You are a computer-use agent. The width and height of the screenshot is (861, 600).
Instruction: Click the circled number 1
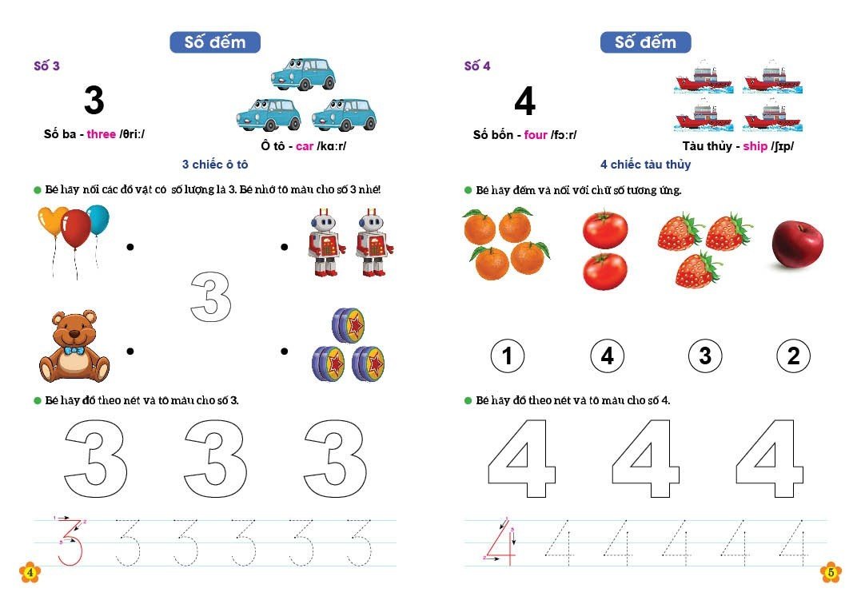(x=507, y=356)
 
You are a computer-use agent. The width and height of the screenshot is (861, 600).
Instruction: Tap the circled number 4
(x=607, y=356)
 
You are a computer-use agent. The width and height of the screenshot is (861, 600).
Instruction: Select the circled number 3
(x=705, y=356)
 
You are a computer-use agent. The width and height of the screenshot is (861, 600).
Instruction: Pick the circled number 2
(x=794, y=356)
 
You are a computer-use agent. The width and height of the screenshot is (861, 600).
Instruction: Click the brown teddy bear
(x=74, y=347)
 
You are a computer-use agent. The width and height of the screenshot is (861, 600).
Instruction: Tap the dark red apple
(x=797, y=244)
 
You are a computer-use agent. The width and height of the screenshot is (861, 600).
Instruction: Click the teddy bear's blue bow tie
(x=74, y=350)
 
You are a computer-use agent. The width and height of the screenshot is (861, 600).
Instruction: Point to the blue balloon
(x=98, y=220)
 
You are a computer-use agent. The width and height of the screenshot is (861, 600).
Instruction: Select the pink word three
(x=101, y=134)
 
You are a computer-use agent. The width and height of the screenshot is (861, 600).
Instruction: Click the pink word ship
(x=755, y=146)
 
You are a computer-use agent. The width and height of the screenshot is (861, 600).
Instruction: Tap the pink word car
(x=305, y=146)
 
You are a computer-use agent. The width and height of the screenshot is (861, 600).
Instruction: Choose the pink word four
(x=536, y=134)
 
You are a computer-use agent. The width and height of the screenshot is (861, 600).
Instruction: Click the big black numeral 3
(x=94, y=100)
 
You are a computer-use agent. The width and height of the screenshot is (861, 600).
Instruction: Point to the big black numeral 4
(x=525, y=101)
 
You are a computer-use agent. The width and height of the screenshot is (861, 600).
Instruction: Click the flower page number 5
(x=831, y=573)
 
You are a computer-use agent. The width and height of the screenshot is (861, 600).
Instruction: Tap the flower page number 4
(x=30, y=573)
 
